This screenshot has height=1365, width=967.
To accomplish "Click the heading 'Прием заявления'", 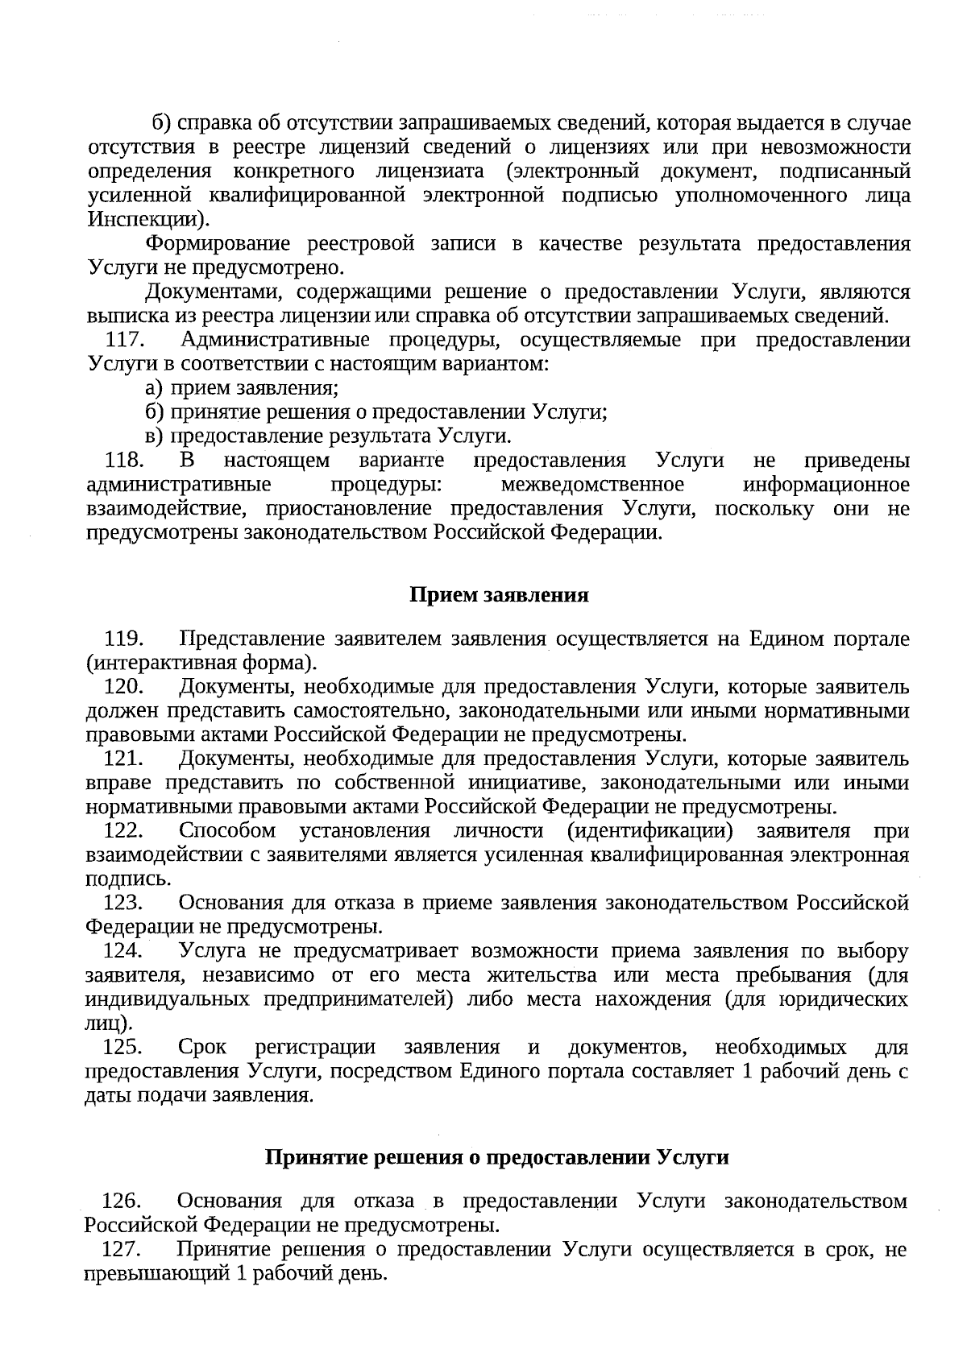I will pyautogui.click(x=499, y=595).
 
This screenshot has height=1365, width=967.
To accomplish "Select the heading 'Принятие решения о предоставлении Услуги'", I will pyautogui.click(x=497, y=1158).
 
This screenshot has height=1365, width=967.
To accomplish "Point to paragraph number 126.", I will pyautogui.click(x=122, y=1202).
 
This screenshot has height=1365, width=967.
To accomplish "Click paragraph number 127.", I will pyautogui.click(x=122, y=1250).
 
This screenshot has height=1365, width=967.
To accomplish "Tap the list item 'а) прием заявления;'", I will pyautogui.click(x=242, y=388).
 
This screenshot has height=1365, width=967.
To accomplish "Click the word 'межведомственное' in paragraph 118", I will pyautogui.click(x=592, y=485).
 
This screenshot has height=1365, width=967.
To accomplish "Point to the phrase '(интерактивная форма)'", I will pyautogui.click(x=201, y=664).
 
